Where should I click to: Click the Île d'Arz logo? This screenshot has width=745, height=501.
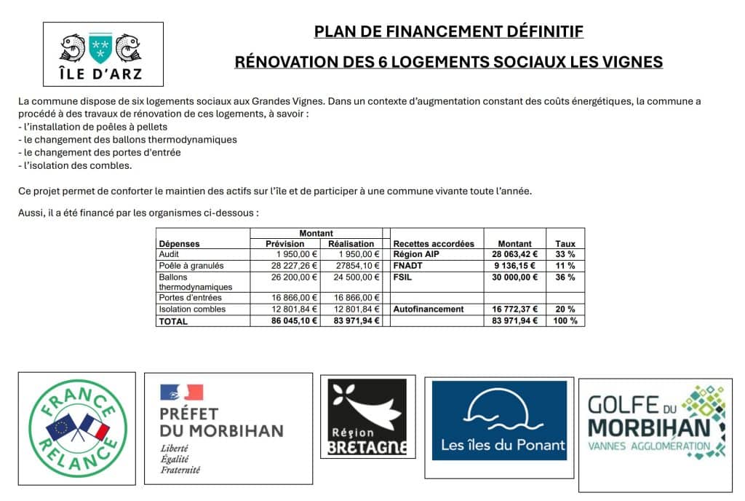click(103, 54)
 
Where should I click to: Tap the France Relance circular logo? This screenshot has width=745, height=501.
click(76, 428)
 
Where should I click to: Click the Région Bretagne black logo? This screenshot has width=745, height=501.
click(367, 417)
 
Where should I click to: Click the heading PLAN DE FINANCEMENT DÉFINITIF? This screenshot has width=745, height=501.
click(448, 32)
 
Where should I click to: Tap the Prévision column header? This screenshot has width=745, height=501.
click(284, 244)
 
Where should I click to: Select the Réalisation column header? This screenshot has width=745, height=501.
click(351, 244)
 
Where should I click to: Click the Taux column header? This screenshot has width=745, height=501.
click(565, 244)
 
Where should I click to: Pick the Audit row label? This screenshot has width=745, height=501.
click(168, 254)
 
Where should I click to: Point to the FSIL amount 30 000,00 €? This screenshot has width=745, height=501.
click(514, 277)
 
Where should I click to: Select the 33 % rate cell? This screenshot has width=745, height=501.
click(565, 254)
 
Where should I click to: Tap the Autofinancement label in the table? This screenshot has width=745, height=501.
click(429, 309)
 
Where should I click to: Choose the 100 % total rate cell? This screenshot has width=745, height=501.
click(565, 321)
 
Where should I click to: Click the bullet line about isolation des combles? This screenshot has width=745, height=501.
click(75, 166)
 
